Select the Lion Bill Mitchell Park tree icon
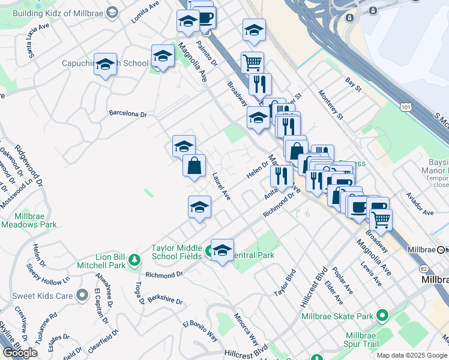pos(135,259)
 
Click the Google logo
pos(19,352)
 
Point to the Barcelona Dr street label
pos(128,113)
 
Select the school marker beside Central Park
pos(221,250)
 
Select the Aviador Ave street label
pos(420,212)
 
